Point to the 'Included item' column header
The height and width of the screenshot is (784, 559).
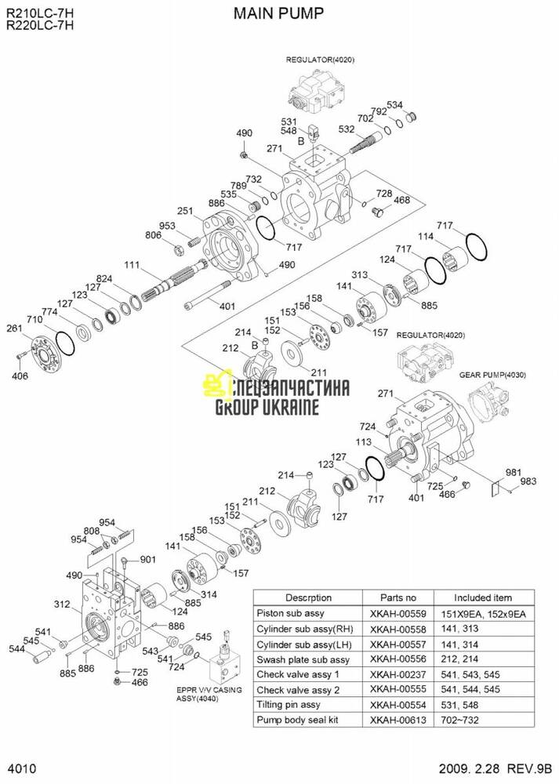[x=482, y=597]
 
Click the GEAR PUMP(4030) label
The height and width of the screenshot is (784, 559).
[x=492, y=375]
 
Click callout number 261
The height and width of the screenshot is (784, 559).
[x=13, y=328]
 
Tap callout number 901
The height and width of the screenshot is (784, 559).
[x=148, y=559]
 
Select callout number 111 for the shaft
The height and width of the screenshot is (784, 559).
[x=131, y=263]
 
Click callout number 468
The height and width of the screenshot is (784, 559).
[x=401, y=201]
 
